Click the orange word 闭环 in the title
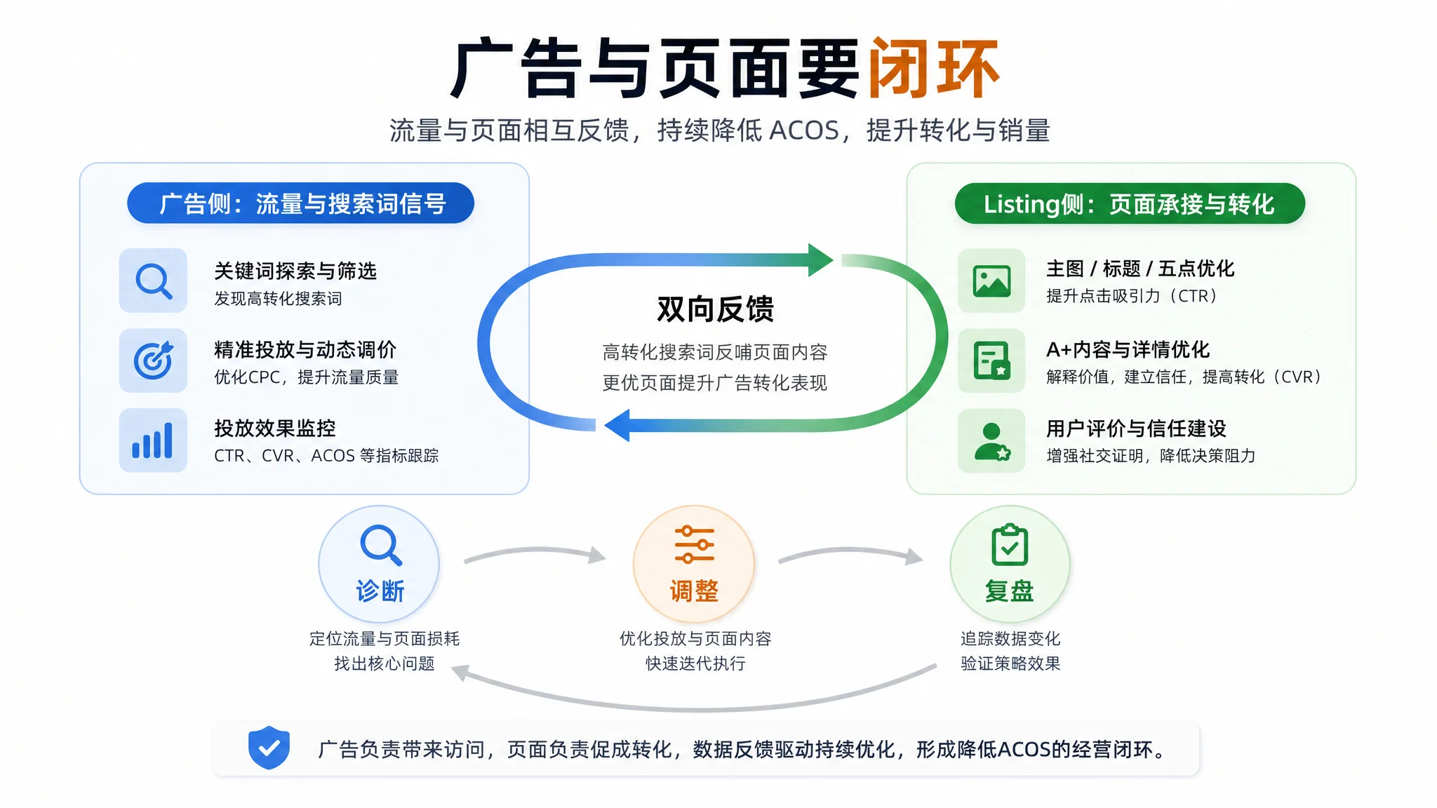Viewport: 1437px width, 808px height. point(934,68)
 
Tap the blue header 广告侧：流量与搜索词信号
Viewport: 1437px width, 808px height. point(300,203)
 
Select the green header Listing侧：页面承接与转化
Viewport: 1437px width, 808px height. point(1130,204)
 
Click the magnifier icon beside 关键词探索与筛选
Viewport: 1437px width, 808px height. point(154,281)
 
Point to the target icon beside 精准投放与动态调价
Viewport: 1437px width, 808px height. point(154,361)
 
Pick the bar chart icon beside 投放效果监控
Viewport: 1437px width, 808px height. point(154,440)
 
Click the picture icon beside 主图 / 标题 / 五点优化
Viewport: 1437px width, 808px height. point(991,281)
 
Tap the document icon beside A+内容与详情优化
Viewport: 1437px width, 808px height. point(991,361)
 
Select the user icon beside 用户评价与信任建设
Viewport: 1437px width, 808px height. point(991,440)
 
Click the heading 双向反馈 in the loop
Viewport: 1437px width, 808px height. point(715,309)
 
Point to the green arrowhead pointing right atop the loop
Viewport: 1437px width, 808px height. point(820,260)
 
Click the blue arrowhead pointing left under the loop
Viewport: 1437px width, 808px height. point(617,425)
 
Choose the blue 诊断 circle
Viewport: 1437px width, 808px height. point(379,564)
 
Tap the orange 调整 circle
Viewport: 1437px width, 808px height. point(694,564)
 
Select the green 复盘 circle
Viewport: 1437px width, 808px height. point(1010,564)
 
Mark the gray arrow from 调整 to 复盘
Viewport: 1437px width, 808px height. point(851,551)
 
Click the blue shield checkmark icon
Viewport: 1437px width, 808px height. point(269,748)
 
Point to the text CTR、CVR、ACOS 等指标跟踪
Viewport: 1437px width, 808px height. point(326,456)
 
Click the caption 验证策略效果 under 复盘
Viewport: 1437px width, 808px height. point(1010,664)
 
